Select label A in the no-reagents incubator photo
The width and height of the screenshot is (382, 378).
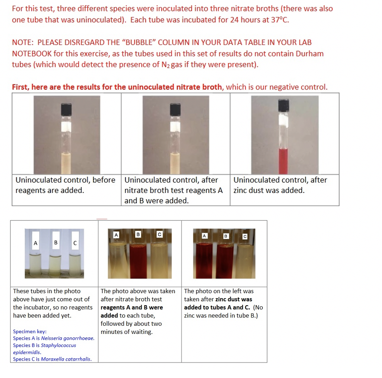click(36, 243)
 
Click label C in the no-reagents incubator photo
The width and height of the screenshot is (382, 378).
click(75, 243)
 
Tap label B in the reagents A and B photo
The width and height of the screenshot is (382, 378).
click(138, 234)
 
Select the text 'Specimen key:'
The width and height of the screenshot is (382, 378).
click(30, 332)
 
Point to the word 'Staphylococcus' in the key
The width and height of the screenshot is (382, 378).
click(59, 345)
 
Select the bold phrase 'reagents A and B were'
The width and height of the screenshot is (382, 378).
click(132, 308)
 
